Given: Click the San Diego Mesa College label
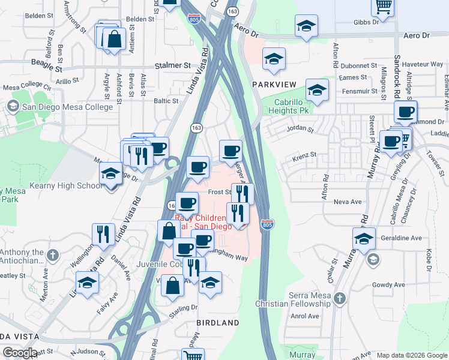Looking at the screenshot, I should [x=67, y=107].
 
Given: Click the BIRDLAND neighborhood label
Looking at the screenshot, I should [x=218, y=323].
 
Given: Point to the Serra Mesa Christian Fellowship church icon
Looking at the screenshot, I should [x=340, y=298].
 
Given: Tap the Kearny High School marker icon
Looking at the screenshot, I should [x=111, y=173].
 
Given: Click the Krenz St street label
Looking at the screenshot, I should [x=304, y=155].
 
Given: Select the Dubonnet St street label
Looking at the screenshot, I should [x=357, y=65].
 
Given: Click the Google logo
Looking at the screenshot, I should [x=20, y=353].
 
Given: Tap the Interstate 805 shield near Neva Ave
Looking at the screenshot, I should [x=268, y=225].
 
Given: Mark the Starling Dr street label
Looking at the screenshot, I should [x=183, y=307].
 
